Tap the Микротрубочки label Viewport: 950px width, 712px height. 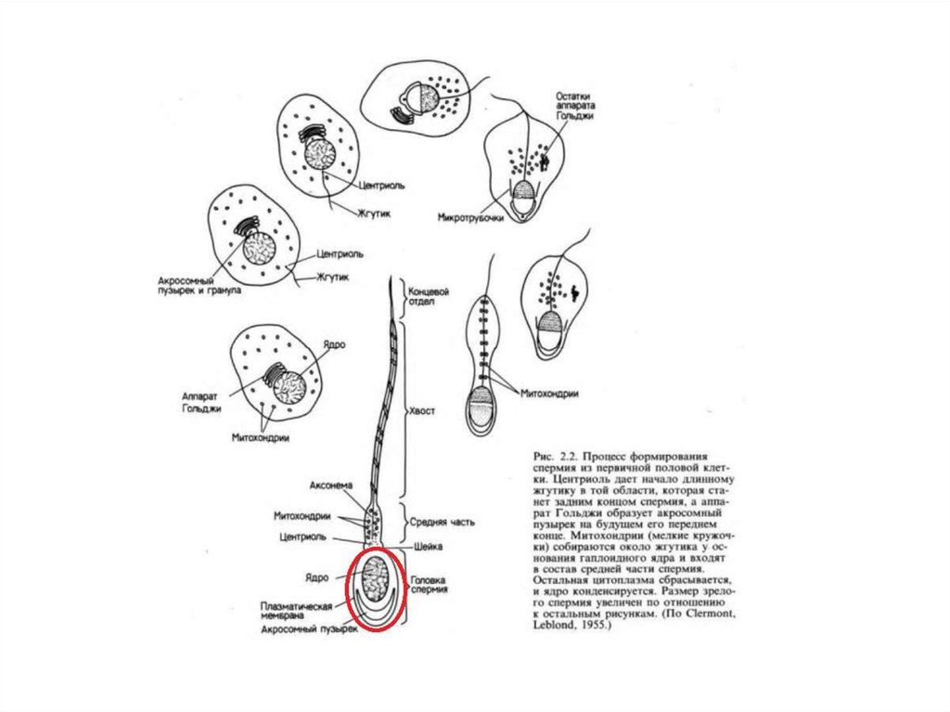(470, 218)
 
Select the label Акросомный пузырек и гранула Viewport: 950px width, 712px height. (199, 284)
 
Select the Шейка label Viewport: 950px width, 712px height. (424, 546)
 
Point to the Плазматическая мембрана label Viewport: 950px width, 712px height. (297, 611)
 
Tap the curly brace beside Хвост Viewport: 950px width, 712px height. (402, 409)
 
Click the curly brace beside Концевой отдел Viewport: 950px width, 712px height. (402, 296)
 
